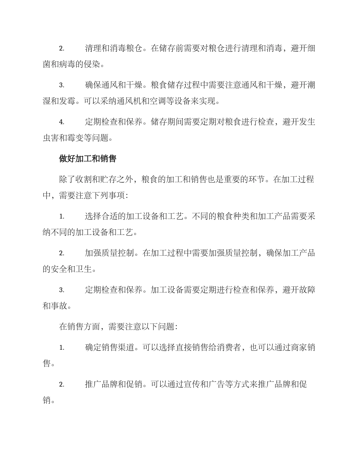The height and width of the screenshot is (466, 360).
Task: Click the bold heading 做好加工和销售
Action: pyautogui.click(x=87, y=159)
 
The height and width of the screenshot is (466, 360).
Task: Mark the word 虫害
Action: pyautogui.click(x=51, y=138)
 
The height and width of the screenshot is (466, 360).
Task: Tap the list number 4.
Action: pyautogui.click(x=61, y=122)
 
